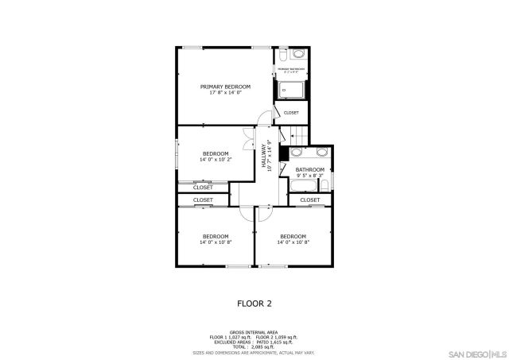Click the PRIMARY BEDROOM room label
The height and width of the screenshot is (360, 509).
pos(225,87)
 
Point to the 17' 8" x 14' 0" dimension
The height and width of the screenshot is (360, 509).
pos(225,93)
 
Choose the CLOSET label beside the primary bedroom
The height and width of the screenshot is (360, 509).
pos(291,113)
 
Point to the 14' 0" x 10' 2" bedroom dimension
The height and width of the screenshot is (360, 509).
pos(215,160)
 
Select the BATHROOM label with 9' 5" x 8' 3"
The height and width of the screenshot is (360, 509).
pos(309,170)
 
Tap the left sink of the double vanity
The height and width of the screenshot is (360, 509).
pos(297,151)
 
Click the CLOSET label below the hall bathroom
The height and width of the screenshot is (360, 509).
pos(309,199)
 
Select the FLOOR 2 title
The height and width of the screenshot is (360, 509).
pos(254,303)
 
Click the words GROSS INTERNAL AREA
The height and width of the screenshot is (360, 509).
pos(254,332)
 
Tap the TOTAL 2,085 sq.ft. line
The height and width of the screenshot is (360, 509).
pos(254,346)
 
